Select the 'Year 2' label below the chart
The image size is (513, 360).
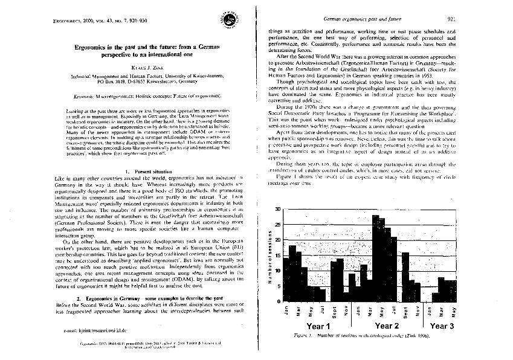[387, 326]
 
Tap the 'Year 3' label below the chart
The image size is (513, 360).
[443, 326]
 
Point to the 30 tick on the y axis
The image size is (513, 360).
[277, 209]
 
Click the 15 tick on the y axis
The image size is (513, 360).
[277, 255]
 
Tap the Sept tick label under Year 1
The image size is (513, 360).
[334, 313]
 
